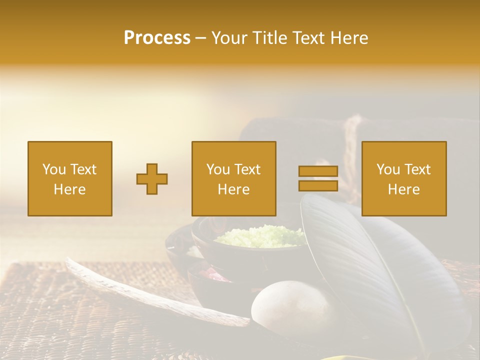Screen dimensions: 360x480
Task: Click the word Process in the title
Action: pyautogui.click(x=157, y=38)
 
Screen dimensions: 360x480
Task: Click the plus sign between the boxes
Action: pyautogui.click(x=152, y=178)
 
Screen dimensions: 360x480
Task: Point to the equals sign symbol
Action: pyautogui.click(x=318, y=178)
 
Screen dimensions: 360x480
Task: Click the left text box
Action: pyautogui.click(x=69, y=178)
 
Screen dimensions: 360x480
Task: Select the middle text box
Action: pyautogui.click(x=233, y=178)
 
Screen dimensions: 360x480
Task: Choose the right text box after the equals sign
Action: pyautogui.click(x=403, y=178)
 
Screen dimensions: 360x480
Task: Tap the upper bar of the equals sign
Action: pyautogui.click(x=318, y=171)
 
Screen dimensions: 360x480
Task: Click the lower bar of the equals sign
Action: pyautogui.click(x=318, y=185)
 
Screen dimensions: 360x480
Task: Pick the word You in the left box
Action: pyautogui.click(x=54, y=169)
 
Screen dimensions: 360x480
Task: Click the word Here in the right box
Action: pyautogui.click(x=403, y=189)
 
